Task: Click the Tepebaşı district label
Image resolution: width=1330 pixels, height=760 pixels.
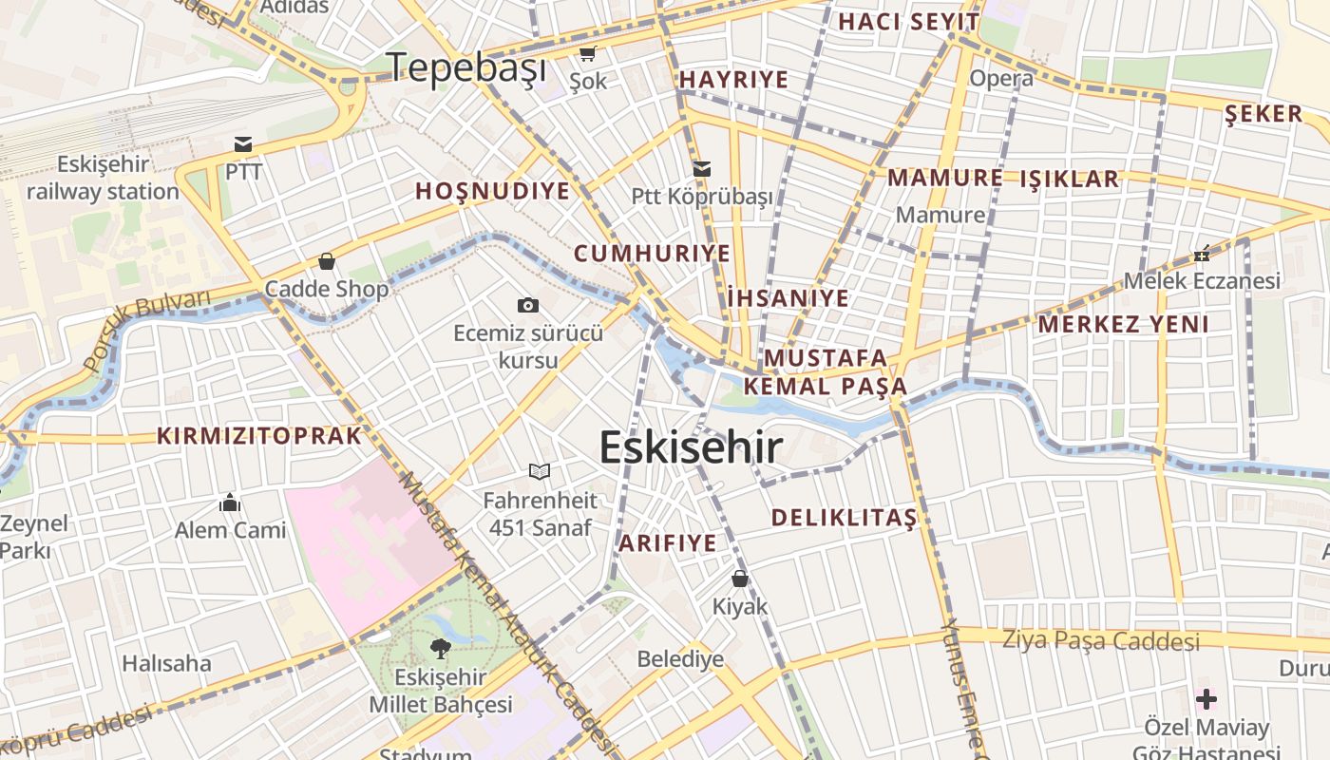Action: click(x=467, y=67)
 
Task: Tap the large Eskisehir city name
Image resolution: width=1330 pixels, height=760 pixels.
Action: click(x=691, y=447)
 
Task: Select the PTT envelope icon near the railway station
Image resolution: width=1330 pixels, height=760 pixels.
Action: click(x=243, y=144)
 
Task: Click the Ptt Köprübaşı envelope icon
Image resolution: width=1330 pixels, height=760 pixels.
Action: click(x=702, y=169)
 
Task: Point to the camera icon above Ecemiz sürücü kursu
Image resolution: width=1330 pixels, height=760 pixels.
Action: click(x=528, y=305)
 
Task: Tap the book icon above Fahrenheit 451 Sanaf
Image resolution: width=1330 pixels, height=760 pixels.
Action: click(x=540, y=471)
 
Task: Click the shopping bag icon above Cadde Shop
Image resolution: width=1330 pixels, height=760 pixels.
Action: click(x=327, y=261)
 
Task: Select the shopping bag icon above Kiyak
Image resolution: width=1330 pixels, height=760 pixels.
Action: click(x=740, y=578)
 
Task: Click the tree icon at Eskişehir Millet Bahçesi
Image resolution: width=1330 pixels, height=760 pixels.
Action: click(x=440, y=649)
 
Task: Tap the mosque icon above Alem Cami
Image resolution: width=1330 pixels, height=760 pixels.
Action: click(x=229, y=502)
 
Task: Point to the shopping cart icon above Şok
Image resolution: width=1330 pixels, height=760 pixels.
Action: click(x=588, y=53)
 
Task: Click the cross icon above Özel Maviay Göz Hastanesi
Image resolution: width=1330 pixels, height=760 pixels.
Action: click(x=1206, y=700)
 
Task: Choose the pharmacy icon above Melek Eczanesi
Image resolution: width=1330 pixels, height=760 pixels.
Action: click(x=1202, y=254)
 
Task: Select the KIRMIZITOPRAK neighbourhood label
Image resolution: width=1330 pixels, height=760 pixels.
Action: click(x=259, y=436)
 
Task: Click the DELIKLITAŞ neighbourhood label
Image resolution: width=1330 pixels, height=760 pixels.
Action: click(x=844, y=518)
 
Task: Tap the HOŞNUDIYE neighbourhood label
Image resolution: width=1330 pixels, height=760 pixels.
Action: click(x=492, y=191)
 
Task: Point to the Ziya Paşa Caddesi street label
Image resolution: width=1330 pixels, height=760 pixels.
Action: click(x=1101, y=641)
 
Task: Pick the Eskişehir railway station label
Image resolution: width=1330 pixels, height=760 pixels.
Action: click(x=103, y=178)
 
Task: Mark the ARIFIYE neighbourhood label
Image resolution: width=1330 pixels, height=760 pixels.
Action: click(x=667, y=543)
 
